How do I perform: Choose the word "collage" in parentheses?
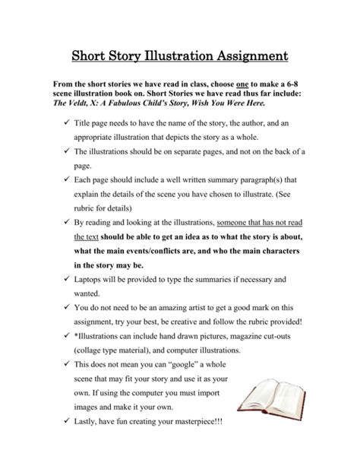90,351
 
